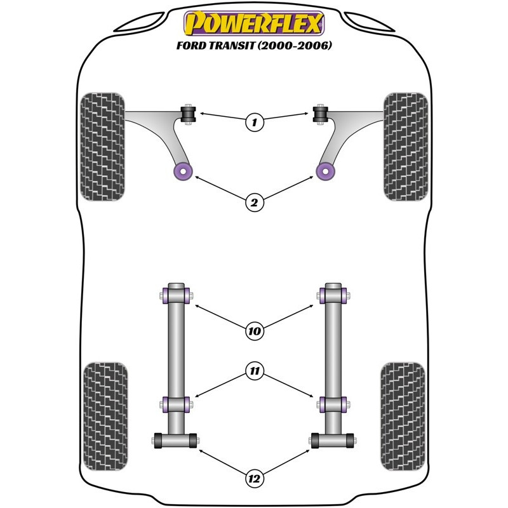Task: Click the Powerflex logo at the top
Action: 254,23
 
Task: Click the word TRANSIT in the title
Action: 231,45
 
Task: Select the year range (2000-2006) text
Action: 295,45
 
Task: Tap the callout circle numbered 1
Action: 255,122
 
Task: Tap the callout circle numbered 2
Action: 255,203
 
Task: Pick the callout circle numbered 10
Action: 255,331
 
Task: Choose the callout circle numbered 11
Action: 255,371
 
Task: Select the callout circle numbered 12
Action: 255,479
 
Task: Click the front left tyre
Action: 102,147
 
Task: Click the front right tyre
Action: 406,147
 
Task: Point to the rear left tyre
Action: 105,417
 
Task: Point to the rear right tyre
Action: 403,417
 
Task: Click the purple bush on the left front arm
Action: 183,171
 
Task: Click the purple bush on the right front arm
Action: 325,171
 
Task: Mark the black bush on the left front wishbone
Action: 188,114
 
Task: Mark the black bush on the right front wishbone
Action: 321,114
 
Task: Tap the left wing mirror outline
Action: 139,23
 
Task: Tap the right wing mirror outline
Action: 370,23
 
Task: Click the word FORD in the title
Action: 191,45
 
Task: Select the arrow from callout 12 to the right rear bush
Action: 287,462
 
